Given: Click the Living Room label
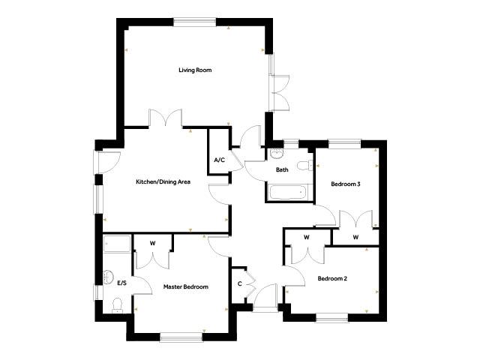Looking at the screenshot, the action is tap(195, 70).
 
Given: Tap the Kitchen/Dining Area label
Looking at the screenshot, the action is tap(163, 181).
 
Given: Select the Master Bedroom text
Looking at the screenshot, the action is tap(186, 286).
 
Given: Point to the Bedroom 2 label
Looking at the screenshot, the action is tap(332, 278).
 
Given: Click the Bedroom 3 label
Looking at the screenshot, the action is tap(346, 184).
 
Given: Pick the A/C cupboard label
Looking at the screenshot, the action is tap(219, 160).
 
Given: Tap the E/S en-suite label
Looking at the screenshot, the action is tap(121, 283).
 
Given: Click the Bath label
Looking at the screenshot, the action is tap(282, 169).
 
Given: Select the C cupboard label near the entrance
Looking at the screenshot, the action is tap(240, 283).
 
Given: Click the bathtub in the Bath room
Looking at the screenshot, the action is tap(288, 192).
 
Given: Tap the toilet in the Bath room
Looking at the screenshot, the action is tap(305, 165).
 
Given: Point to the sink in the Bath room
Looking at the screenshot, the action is tap(277, 153).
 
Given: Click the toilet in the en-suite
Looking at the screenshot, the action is tap(117, 305).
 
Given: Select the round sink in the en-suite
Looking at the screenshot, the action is tap(108, 277).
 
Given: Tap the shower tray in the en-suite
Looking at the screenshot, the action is tap(117, 244).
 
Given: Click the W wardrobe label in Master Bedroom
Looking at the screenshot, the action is tap(152, 243).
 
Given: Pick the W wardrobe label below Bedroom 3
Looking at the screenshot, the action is tap(355, 237).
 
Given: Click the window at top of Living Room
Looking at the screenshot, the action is tap(195, 22).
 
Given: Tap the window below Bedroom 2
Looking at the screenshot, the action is tap(332, 317).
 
